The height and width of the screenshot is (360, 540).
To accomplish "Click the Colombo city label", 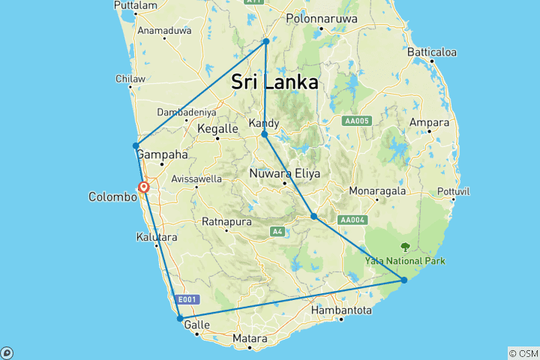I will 112,197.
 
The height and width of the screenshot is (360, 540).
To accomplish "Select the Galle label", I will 196,325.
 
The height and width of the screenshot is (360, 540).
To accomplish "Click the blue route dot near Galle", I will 180,319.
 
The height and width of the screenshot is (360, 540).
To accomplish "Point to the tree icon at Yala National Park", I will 405,246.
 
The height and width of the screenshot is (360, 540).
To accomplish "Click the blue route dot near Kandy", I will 265,134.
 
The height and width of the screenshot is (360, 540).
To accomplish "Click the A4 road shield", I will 278,231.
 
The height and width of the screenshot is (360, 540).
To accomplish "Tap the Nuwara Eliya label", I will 284,173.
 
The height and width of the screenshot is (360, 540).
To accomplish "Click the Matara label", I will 250,339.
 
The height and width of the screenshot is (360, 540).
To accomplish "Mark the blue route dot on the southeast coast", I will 404,280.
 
